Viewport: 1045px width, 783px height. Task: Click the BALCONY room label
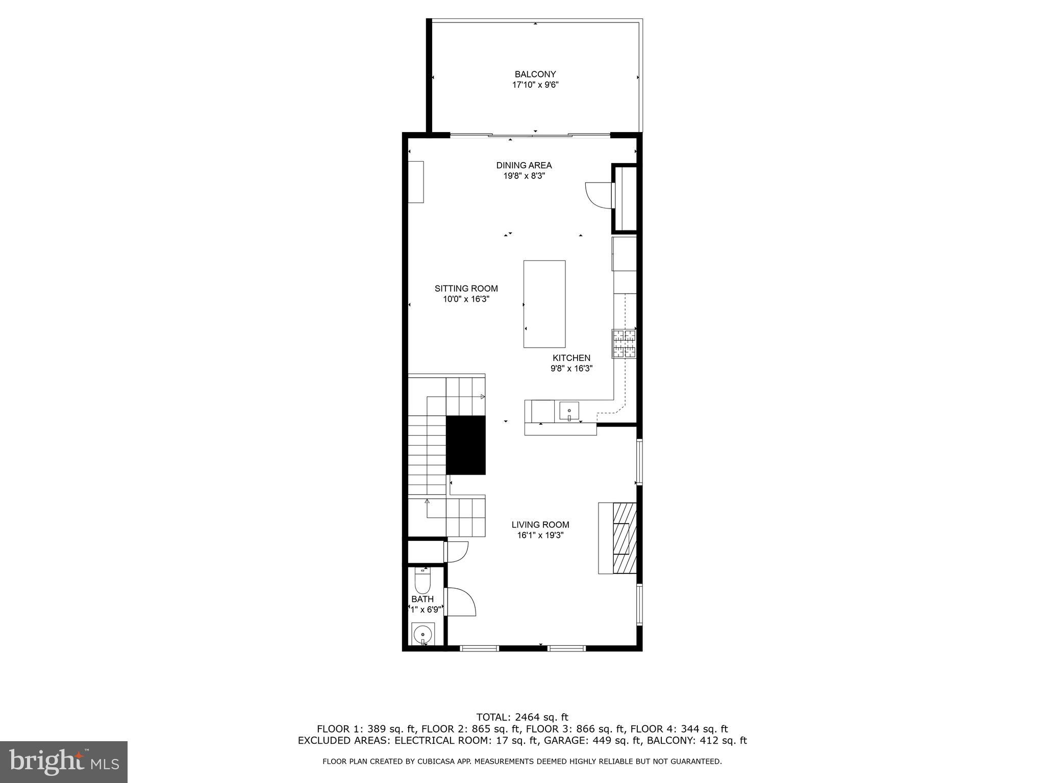coord(535,74)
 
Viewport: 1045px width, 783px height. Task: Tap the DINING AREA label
coord(524,165)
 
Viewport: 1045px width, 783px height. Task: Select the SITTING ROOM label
coord(466,289)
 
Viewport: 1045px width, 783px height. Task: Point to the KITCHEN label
coord(571,358)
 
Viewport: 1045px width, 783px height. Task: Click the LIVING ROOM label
coord(540,525)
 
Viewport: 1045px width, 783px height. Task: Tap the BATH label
coord(422,599)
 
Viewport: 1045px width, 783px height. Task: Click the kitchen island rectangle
coord(544,304)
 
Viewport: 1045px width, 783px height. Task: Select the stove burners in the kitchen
coord(624,344)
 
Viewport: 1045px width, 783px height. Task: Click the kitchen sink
coord(569,410)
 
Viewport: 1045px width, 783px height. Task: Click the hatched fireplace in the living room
coord(625,538)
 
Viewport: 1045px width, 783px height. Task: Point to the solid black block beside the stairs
coord(466,445)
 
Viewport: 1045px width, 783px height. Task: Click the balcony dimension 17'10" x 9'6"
coord(535,85)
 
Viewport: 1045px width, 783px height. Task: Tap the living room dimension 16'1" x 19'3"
coord(540,535)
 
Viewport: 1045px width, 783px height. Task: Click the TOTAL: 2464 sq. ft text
coord(522,718)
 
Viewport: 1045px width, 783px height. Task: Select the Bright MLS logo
coord(64,761)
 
